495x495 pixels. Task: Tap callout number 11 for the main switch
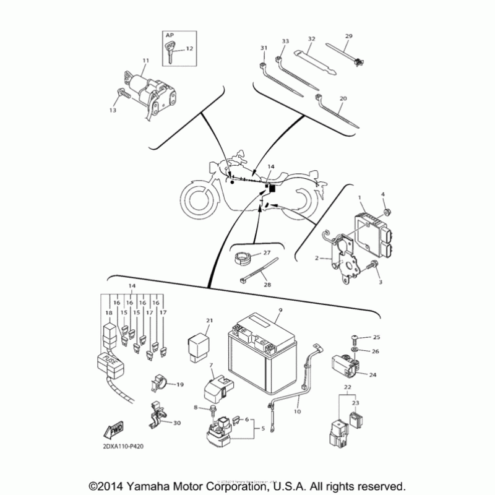click(146, 61)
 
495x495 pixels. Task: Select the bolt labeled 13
click(122, 94)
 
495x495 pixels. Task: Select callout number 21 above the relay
click(209, 320)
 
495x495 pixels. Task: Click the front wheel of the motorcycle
click(200, 198)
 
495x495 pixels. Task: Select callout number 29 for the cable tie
click(348, 37)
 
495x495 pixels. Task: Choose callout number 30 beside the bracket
click(177, 423)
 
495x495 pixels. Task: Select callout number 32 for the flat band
click(311, 39)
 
